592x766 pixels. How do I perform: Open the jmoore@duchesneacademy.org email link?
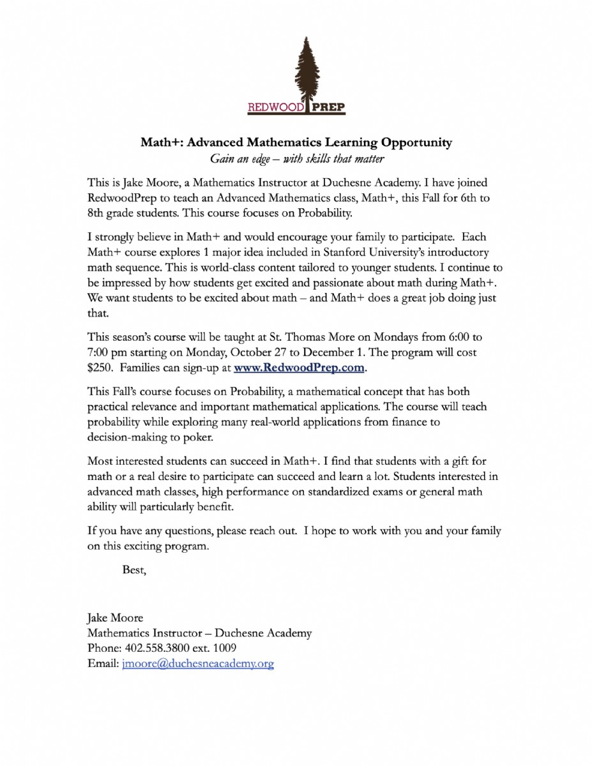tap(197, 664)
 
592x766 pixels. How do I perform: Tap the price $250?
tap(100, 368)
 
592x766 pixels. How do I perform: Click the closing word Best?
tap(134, 570)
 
